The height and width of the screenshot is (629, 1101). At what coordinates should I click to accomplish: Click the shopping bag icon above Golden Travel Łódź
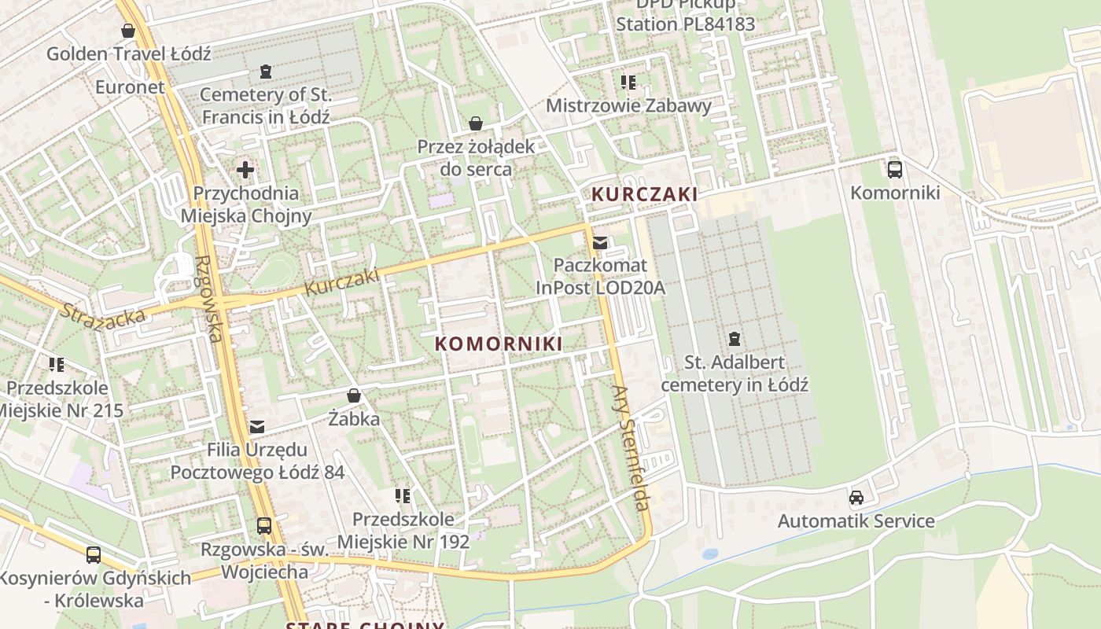(x=128, y=31)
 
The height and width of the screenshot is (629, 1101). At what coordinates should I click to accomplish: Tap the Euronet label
(x=131, y=86)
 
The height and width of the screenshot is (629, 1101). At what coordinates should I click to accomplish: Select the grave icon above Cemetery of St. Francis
(x=266, y=72)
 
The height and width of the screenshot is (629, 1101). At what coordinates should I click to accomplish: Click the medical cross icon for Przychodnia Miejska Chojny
(x=245, y=169)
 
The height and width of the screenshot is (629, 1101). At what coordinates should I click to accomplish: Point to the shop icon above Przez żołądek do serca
(x=475, y=123)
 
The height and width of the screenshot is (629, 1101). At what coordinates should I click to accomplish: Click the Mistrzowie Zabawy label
(x=628, y=105)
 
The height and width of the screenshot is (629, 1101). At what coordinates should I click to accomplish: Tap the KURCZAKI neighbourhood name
(x=644, y=194)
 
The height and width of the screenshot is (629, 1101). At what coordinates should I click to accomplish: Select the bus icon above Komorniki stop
(x=894, y=169)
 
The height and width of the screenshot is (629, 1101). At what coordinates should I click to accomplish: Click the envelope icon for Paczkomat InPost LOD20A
(x=600, y=242)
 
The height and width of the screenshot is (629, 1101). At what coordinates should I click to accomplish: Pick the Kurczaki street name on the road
(x=341, y=282)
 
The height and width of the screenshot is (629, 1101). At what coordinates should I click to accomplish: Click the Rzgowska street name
(x=207, y=299)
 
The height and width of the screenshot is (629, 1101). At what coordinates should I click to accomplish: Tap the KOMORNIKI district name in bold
(x=499, y=344)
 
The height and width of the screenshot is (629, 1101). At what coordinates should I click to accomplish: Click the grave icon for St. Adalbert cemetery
(x=734, y=339)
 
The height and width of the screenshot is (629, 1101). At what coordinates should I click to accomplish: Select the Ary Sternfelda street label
(x=632, y=448)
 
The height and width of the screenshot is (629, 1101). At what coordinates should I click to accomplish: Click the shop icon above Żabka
(x=354, y=395)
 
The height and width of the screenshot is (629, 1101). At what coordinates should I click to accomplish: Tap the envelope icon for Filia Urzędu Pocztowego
(x=257, y=427)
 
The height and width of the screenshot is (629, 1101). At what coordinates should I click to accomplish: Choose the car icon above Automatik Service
(x=856, y=497)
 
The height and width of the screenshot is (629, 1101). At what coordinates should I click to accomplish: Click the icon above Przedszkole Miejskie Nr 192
(x=403, y=495)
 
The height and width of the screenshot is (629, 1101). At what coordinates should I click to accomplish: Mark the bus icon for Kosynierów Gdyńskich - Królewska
(x=94, y=554)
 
